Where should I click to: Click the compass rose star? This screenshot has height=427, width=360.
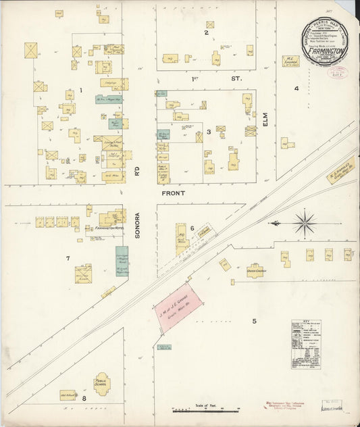(x=305, y=222)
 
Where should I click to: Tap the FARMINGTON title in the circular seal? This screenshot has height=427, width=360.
(x=328, y=50)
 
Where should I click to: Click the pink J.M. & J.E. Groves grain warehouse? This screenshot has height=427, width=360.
(x=178, y=307)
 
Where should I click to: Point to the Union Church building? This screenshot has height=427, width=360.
(x=255, y=270)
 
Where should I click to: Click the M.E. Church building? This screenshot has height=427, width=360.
(x=290, y=61)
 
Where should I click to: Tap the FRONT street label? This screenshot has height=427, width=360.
(x=173, y=193)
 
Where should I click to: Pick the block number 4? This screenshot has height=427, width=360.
(x=296, y=89)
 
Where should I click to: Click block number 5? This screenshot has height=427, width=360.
(x=255, y=320)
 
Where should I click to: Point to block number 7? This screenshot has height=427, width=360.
(x=68, y=258)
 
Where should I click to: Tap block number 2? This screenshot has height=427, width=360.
(x=207, y=32)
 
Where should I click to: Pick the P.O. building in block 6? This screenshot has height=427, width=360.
(x=182, y=240)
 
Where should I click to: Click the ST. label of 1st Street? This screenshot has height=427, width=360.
(x=236, y=79)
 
